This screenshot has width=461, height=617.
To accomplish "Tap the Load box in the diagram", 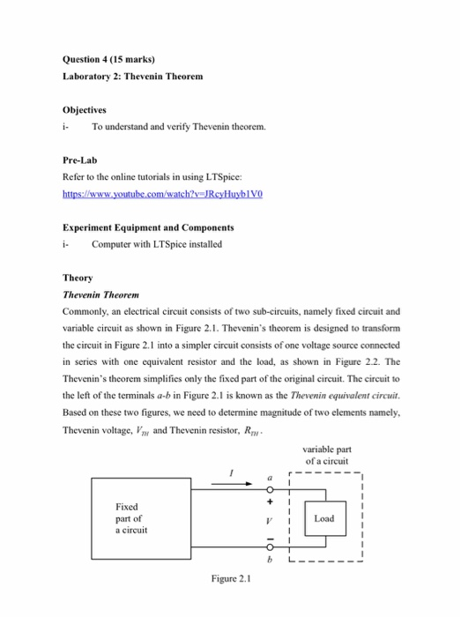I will [323, 518].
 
